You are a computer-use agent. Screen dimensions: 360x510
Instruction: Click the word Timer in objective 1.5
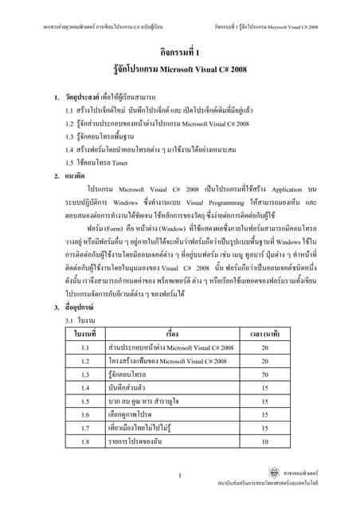point(119,163)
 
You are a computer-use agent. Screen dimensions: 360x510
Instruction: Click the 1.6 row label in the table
point(85,414)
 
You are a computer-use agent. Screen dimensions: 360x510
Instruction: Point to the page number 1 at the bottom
point(181,477)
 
